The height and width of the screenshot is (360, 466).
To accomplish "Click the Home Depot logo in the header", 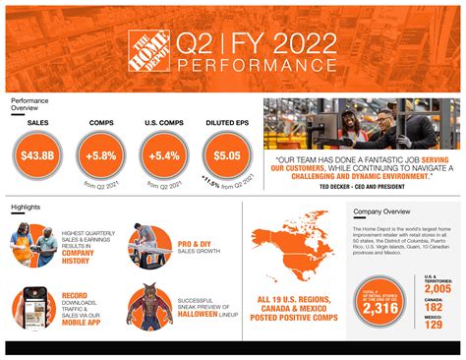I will [x=148, y=48].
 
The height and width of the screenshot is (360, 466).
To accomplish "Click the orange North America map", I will [x=290, y=246].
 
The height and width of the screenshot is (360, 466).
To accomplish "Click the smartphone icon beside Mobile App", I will [x=34, y=307].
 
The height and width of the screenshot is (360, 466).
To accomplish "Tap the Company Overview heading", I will [x=381, y=211].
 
